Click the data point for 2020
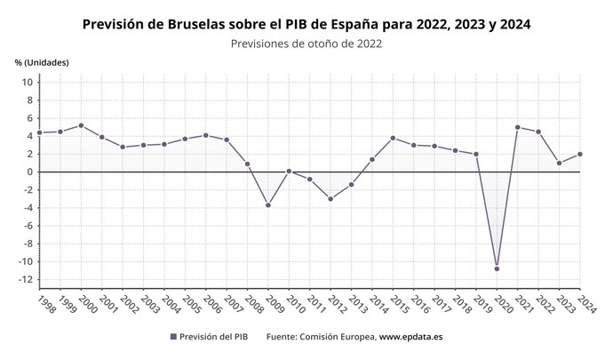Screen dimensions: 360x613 click(497, 268)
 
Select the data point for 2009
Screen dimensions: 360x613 click(267, 205)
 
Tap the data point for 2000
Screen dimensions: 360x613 click(81, 125)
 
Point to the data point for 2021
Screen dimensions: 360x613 click(518, 127)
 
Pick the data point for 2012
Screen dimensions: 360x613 click(330, 199)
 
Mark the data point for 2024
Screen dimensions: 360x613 click(580, 154)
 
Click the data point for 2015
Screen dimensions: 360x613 click(393, 138)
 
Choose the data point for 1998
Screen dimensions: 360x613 click(39, 132)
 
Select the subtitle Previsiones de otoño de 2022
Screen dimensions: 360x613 click(306, 43)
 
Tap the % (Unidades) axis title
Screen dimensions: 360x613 click(42, 62)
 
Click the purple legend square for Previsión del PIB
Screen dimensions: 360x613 click(173, 338)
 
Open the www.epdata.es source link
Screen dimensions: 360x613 click(412, 338)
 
